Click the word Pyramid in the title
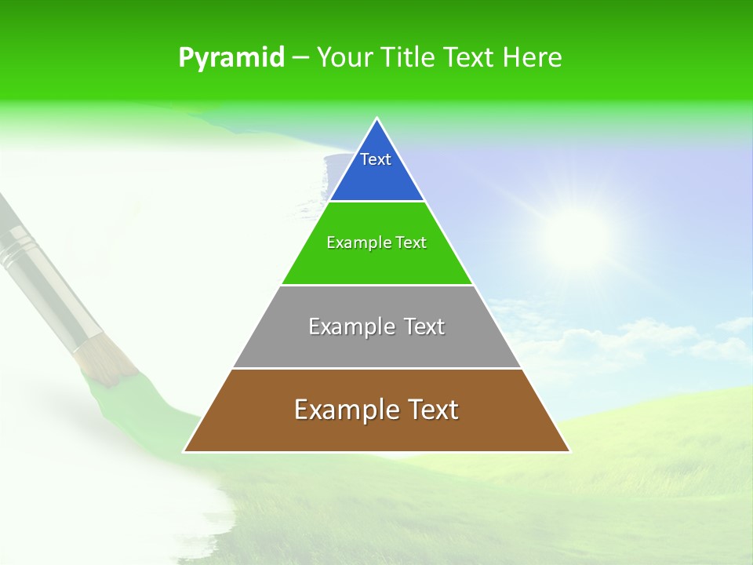click(231, 58)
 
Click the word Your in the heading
click(344, 58)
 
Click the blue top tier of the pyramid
click(376, 177)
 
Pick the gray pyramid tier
click(376, 345)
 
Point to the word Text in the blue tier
click(376, 159)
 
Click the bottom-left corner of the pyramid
click(185, 451)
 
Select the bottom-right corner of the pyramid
click(569, 451)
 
